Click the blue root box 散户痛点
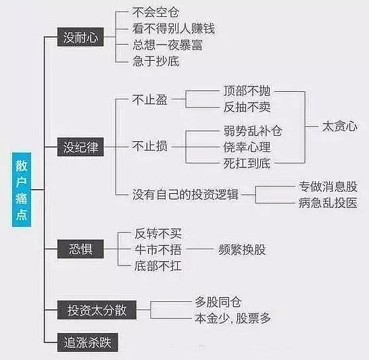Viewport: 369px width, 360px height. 22,190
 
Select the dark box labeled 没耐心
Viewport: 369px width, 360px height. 80,37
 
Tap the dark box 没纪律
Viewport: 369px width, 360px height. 80,147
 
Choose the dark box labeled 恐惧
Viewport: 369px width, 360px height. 80,249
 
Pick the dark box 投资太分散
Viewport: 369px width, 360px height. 97,309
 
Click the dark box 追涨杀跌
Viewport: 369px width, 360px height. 88,342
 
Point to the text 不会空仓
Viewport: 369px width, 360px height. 156,12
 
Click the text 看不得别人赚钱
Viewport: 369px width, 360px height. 174,28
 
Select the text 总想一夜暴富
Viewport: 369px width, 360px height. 168,45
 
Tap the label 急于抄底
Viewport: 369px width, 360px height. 156,61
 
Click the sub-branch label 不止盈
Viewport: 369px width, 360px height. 150,99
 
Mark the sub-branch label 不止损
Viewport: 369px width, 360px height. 150,146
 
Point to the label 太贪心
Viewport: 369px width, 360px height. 339,126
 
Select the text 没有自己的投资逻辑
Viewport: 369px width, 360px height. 185,195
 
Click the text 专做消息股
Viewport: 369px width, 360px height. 328,186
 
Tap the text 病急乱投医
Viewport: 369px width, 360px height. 328,203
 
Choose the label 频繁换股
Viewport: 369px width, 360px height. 242,249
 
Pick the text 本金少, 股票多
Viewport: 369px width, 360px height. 232,318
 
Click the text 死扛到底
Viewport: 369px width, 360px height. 247,163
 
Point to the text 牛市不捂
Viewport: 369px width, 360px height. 158,249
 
